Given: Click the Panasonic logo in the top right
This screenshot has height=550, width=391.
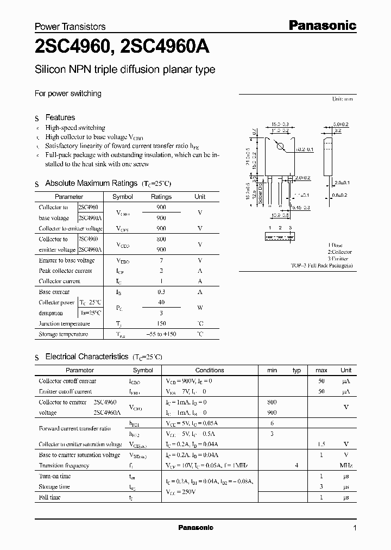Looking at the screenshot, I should tap(321, 25).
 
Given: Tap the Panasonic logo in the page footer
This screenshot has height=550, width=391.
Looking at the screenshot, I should tap(195, 528).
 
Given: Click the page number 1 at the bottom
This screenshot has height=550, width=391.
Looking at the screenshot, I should tap(355, 528).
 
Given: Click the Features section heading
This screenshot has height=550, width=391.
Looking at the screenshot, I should tap(60, 117).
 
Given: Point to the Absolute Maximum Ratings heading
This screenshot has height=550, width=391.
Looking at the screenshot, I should tap(91, 184).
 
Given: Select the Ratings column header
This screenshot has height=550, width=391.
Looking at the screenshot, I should tap(161, 197).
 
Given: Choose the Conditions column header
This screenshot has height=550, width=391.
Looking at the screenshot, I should tap(209, 370).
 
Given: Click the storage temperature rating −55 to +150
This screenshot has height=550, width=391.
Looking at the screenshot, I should tap(161, 334).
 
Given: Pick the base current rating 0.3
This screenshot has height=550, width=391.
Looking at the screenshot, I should tap(161, 292).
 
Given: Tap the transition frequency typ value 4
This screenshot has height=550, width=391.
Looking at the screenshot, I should tap(297, 465).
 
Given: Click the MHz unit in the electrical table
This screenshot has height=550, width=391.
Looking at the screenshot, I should tap(346, 465).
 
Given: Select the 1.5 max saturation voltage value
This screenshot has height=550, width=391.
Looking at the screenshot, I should tap(321, 444).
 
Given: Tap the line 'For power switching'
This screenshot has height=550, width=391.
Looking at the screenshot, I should tap(68, 93).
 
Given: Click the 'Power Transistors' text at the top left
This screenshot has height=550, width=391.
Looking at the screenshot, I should tap(70, 26).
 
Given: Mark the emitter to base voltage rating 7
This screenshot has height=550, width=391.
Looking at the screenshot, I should tap(161, 260).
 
